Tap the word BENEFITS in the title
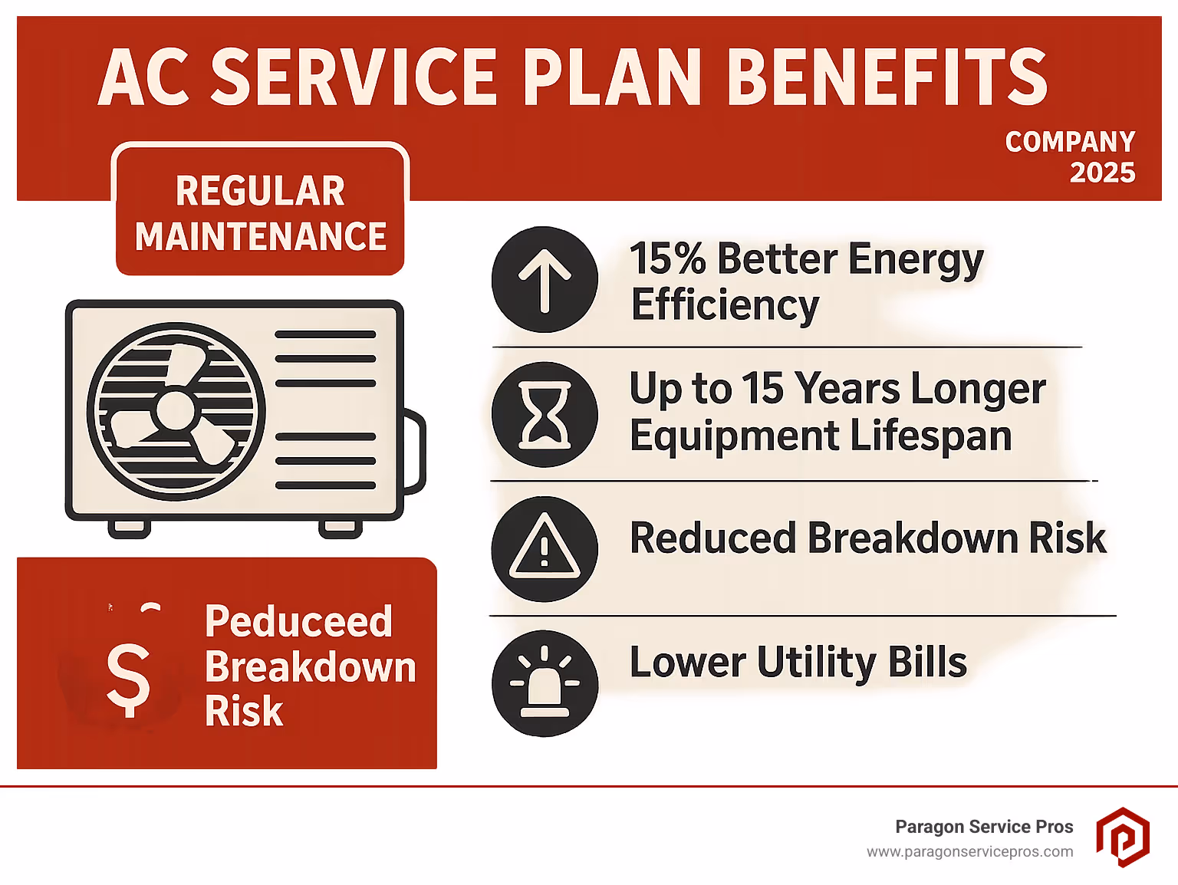coord(887,77)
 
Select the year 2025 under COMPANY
coord(1102,173)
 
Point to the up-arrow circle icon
coord(545,280)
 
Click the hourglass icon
coord(545,415)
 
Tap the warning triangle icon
coord(545,548)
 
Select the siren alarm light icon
coord(545,683)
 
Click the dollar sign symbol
coord(128,678)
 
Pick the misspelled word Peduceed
coord(298,621)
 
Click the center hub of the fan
coord(175,411)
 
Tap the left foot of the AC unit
coord(129,528)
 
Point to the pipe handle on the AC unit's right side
coord(415,452)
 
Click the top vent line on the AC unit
coord(325,334)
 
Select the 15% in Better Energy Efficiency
coord(666,259)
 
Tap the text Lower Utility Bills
coord(798,662)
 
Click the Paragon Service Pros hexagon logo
coord(1122,837)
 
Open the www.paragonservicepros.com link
coord(969,852)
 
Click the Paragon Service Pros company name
coord(984,827)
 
